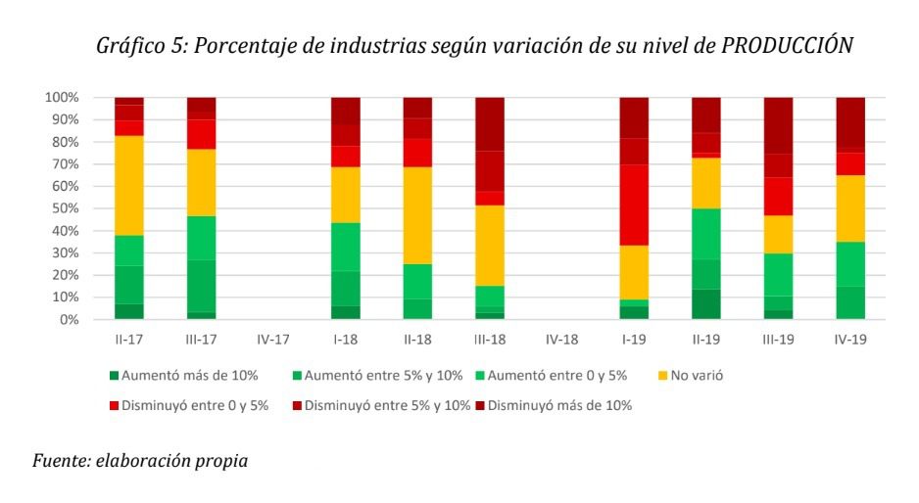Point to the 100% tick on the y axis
click(61, 98)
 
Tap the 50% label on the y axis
click(64, 208)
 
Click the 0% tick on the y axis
click(68, 320)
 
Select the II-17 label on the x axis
click(129, 340)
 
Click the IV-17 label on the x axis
click(273, 340)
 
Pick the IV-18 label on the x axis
click(561, 340)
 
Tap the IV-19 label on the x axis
click(849, 340)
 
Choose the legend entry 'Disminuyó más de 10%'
click(558, 405)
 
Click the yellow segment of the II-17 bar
click(129, 185)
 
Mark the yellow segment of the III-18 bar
click(490, 245)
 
